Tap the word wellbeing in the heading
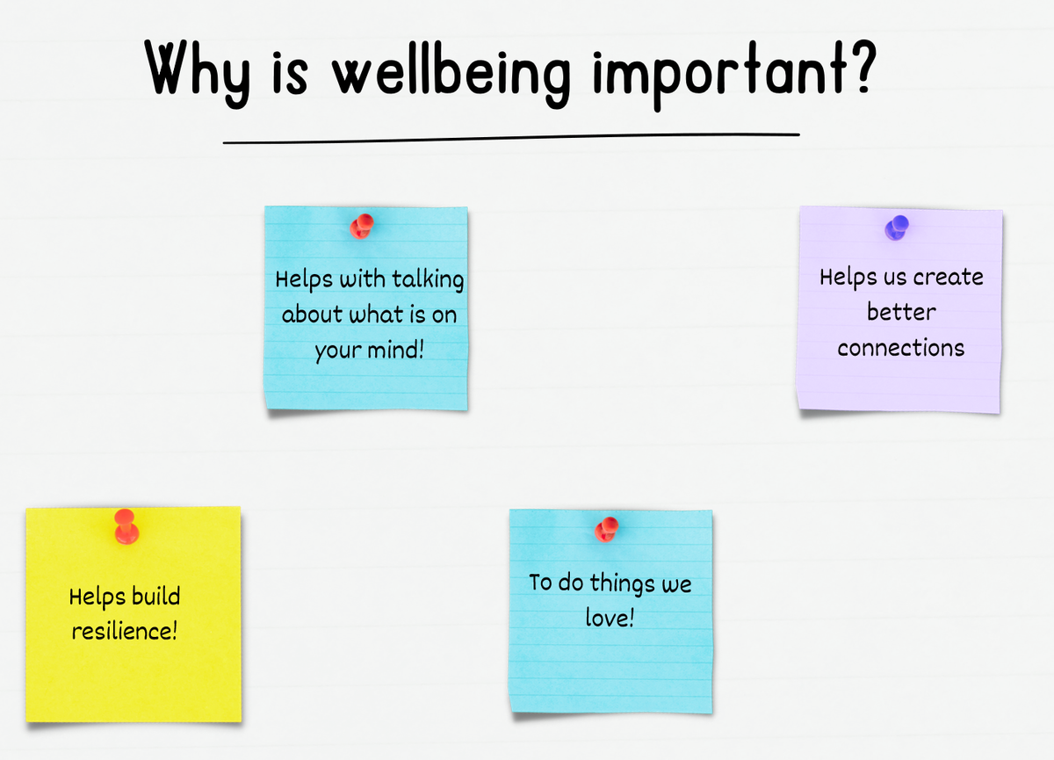[x=451, y=75]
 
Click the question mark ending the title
[x=863, y=65]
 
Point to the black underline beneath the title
[x=511, y=138]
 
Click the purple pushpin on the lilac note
[x=897, y=228]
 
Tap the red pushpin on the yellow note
[x=126, y=526]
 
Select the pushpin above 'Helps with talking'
[x=361, y=227]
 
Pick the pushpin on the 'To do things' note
[x=607, y=530]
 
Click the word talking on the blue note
[x=428, y=279]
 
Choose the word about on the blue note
[x=312, y=314]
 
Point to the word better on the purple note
[x=901, y=312]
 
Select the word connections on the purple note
[x=900, y=348]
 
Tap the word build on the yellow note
[x=155, y=596]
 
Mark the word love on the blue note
[x=607, y=618]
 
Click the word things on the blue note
[x=623, y=583]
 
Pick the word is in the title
[x=290, y=73]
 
